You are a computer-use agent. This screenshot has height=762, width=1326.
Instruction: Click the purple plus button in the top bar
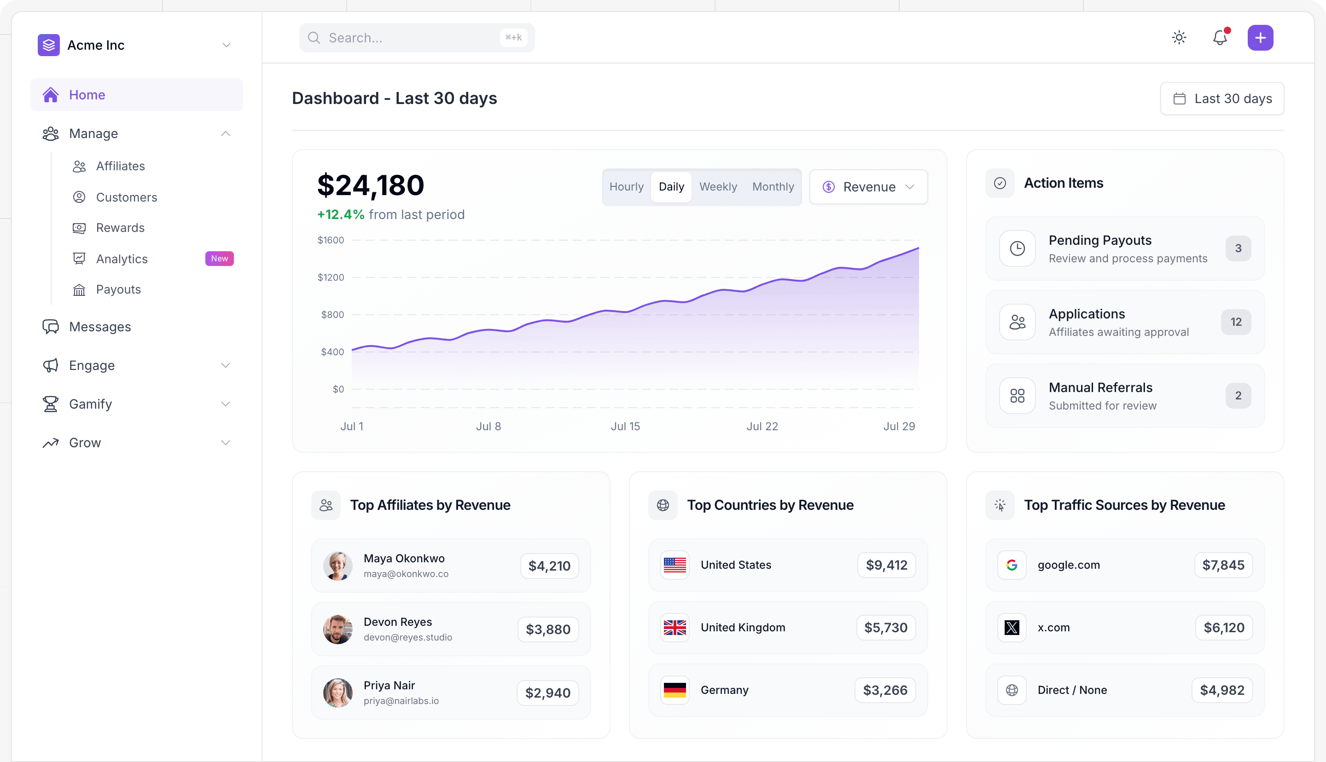(x=1260, y=38)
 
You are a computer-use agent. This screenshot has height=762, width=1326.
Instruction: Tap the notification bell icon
(x=1220, y=37)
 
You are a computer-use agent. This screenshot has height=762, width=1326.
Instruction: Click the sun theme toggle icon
(x=1179, y=38)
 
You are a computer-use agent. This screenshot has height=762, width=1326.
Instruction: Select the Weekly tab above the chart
(x=718, y=187)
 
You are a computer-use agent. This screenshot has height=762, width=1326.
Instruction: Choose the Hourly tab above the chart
(x=626, y=187)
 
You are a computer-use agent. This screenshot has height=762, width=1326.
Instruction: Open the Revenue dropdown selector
(x=868, y=187)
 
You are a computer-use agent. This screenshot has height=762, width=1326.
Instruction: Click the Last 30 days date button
(x=1222, y=98)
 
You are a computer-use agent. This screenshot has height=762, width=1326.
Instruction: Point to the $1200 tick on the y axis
(x=331, y=277)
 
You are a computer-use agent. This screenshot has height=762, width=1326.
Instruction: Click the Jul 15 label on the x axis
(x=625, y=427)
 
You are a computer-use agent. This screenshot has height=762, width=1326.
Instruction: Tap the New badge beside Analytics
(x=219, y=259)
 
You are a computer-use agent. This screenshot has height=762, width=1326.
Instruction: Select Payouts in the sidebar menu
(x=118, y=289)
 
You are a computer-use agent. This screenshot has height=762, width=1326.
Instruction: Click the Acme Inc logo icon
(x=49, y=45)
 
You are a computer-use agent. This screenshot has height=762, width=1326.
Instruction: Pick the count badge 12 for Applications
(x=1236, y=322)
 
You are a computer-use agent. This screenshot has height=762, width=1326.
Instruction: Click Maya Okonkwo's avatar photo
(x=337, y=566)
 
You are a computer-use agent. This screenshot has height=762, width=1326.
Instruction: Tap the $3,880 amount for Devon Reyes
(x=548, y=629)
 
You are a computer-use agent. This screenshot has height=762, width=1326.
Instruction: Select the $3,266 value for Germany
(x=885, y=690)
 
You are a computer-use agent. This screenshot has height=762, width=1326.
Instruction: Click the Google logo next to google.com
(x=1012, y=565)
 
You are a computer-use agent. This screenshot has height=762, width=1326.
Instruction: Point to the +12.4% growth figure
(x=341, y=214)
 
